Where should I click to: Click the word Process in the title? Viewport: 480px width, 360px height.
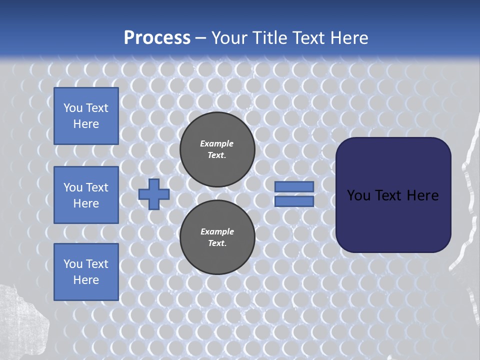click(157, 37)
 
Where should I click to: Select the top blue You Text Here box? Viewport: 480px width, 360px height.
click(86, 116)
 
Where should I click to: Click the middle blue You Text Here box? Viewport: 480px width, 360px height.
click(86, 195)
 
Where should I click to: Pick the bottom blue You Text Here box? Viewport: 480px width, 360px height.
click(86, 272)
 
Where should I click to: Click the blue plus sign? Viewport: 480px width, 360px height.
click(154, 194)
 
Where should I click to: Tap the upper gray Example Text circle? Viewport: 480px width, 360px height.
click(217, 149)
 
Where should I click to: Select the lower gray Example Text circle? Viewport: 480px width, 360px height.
click(217, 237)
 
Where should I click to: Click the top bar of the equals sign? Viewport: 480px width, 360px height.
click(294, 186)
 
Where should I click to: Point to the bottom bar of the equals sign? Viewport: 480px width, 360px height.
click(294, 201)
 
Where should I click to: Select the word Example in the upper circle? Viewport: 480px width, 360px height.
click(217, 143)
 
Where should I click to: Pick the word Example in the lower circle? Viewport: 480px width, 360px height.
click(217, 231)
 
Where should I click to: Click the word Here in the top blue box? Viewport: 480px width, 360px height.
click(86, 124)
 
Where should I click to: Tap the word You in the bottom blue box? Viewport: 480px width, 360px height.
click(73, 264)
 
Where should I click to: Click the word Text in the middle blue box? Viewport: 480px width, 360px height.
click(96, 187)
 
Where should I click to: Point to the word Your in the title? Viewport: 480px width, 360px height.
click(230, 38)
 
